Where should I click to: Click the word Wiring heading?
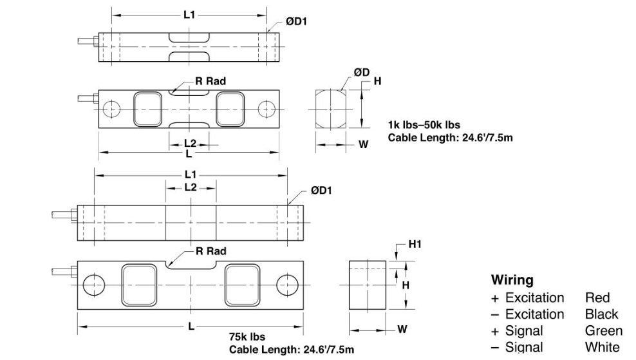tap(512, 280)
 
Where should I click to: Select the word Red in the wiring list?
tap(597, 298)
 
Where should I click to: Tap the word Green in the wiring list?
tap(603, 330)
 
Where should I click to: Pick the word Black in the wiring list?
tap(601, 314)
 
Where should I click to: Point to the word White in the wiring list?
tap(603, 348)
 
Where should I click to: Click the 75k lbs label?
tap(247, 336)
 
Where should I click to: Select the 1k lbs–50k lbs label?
tap(424, 124)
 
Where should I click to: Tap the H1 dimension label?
tap(415, 245)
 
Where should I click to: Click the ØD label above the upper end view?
tap(361, 72)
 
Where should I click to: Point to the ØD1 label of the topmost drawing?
tap(297, 21)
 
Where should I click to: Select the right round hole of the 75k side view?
tap(287, 283)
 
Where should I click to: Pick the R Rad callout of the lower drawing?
tap(210, 251)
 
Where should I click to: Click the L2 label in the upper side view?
tap(190, 143)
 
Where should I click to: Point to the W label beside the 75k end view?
tap(402, 328)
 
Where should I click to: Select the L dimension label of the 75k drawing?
tap(191, 327)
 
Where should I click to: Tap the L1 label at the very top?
tap(189, 14)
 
